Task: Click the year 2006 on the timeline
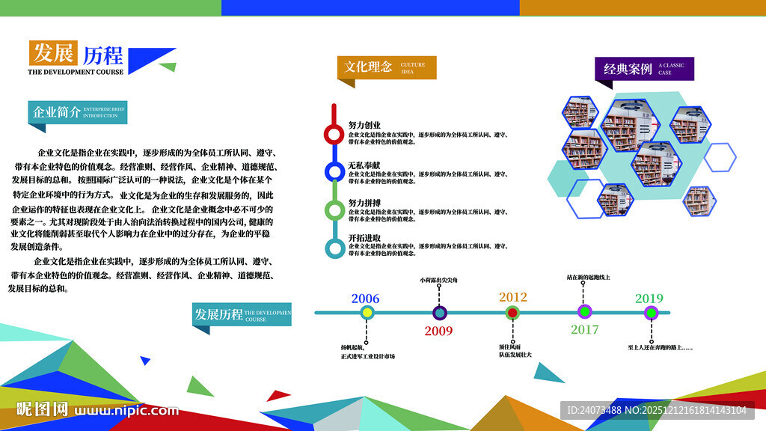pyautogui.click(x=365, y=299)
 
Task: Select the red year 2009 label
pyautogui.click(x=438, y=331)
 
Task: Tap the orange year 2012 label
pyautogui.click(x=512, y=296)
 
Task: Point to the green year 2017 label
pyautogui.click(x=585, y=329)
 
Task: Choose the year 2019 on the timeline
pyautogui.click(x=649, y=299)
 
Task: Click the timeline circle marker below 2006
pyautogui.click(x=367, y=313)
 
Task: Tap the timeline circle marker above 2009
pyautogui.click(x=439, y=313)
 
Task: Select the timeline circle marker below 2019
pyautogui.click(x=651, y=313)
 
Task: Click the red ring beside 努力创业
pyautogui.click(x=334, y=135)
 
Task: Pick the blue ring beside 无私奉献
pyautogui.click(x=334, y=172)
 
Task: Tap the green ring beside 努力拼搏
pyautogui.click(x=334, y=210)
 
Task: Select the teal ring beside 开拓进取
pyautogui.click(x=334, y=248)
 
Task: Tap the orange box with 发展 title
pyautogui.click(x=53, y=54)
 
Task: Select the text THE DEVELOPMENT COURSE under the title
pyautogui.click(x=76, y=73)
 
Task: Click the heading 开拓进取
pyautogui.click(x=364, y=238)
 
